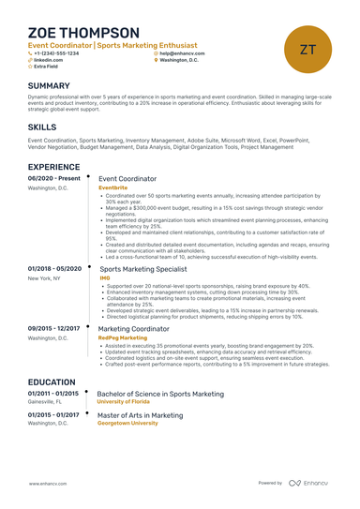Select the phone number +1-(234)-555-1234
(58, 53)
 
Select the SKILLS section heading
(41, 126)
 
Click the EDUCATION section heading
(52, 382)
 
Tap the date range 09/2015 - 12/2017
(55, 328)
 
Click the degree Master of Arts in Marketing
(141, 414)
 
